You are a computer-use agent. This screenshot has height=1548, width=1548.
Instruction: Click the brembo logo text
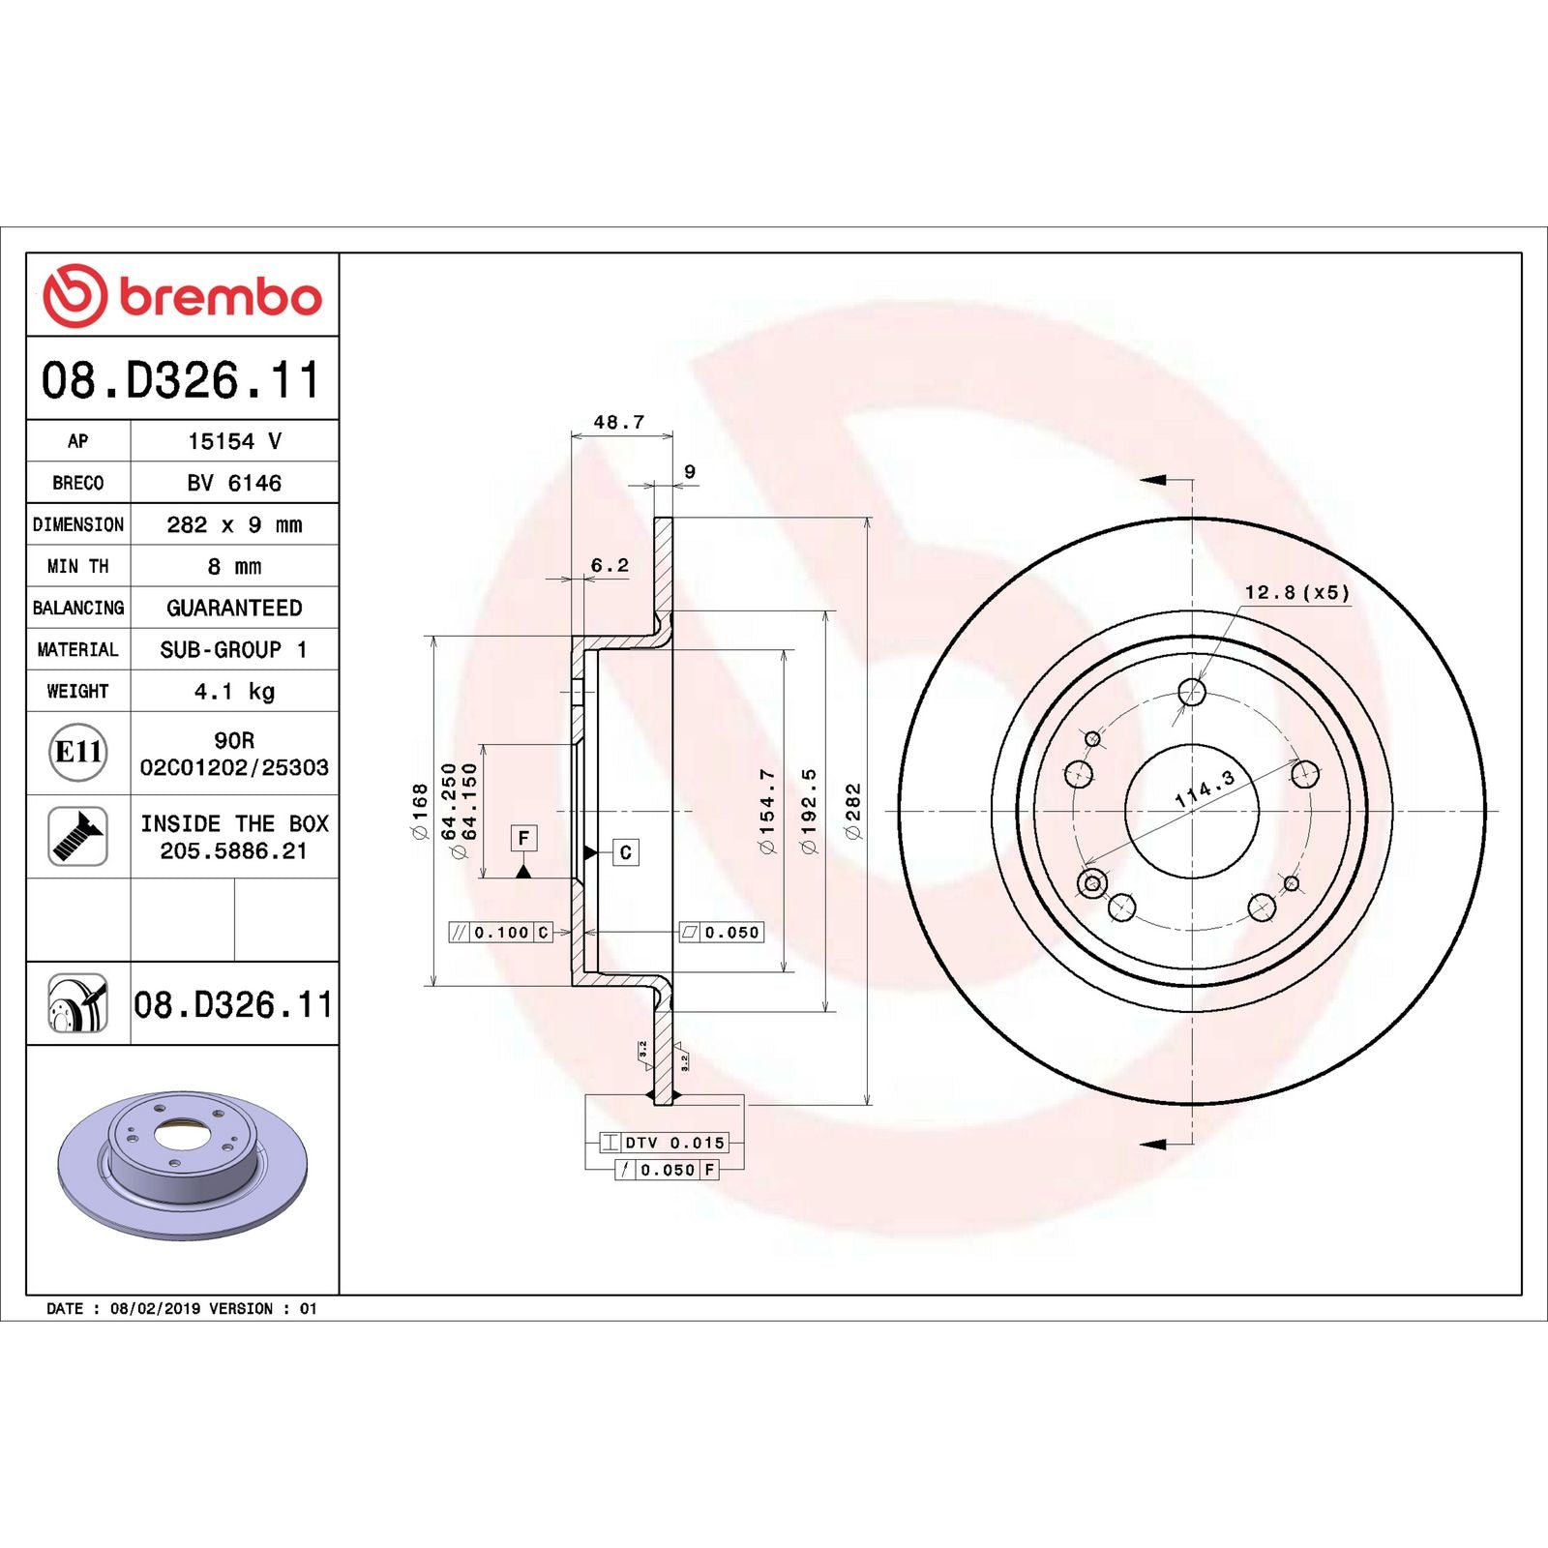[220, 297]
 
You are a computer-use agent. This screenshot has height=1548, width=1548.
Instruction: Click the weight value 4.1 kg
[234, 692]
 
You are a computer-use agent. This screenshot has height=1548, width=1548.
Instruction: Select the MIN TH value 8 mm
[234, 567]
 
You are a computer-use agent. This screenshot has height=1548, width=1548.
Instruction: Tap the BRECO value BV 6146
[234, 483]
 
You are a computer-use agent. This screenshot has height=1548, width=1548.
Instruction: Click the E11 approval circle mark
[77, 752]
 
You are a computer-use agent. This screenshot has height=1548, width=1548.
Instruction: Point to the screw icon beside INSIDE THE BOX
[77, 836]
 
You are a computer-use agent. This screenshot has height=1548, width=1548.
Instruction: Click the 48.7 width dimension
[618, 422]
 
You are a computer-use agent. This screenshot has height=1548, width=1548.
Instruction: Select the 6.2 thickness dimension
[610, 565]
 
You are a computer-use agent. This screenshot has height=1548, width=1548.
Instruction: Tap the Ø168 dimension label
[420, 811]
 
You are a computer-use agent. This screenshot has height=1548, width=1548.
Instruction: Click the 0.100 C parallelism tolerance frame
[501, 933]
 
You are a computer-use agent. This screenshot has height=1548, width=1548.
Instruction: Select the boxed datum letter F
[523, 838]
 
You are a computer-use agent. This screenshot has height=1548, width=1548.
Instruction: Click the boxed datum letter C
[625, 852]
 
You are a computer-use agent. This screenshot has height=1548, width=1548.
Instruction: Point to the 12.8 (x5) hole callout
[1295, 592]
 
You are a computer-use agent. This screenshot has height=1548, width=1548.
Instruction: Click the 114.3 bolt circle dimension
[1205, 789]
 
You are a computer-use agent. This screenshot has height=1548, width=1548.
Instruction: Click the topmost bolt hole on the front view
[1192, 692]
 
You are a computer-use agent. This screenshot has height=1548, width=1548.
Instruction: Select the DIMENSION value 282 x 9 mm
[234, 525]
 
